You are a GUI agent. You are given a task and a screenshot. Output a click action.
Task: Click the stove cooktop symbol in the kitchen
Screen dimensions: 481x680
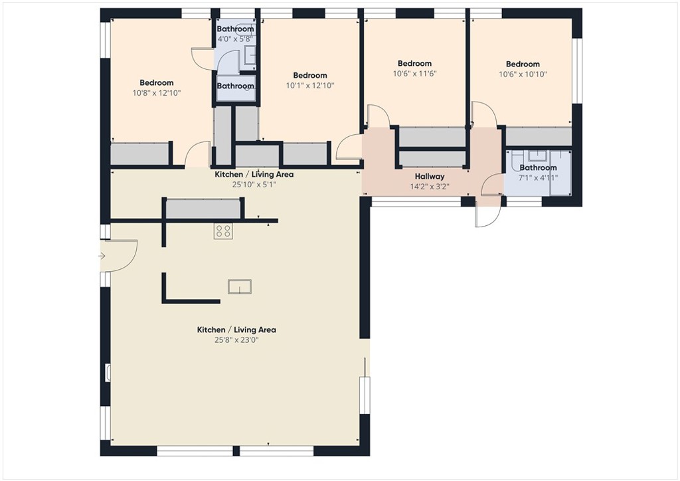click(x=223, y=231)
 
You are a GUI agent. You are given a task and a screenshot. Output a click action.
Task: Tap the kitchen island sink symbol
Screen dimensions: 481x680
click(x=240, y=286)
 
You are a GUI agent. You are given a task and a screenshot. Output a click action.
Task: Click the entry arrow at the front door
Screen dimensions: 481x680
click(x=102, y=256)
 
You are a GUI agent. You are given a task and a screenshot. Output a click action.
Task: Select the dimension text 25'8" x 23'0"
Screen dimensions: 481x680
click(x=236, y=340)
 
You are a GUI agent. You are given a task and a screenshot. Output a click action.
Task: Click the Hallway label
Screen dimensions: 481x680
click(x=429, y=176)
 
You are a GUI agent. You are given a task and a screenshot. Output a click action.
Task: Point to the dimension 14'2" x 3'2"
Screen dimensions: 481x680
click(x=429, y=187)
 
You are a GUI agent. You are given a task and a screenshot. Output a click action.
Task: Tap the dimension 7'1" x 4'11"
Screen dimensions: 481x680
click(x=538, y=177)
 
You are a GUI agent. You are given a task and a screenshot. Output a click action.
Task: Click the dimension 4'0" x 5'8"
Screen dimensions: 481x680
click(x=235, y=39)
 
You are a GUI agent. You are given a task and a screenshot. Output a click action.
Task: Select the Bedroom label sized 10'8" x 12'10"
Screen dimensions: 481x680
click(x=156, y=83)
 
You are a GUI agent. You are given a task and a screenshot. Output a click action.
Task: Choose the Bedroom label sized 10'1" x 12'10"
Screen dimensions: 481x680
click(x=309, y=76)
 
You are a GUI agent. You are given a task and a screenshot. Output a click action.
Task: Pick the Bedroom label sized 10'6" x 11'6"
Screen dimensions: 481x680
click(x=414, y=64)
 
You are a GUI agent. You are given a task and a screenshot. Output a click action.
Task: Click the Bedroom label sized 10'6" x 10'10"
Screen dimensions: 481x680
click(x=522, y=64)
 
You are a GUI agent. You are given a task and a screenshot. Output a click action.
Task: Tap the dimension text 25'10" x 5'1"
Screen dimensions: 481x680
click(x=254, y=185)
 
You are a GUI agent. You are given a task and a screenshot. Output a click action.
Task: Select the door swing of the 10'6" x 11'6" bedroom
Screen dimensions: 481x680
click(x=376, y=117)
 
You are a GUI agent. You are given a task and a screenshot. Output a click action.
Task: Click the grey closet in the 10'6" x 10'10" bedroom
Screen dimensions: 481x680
click(x=538, y=136)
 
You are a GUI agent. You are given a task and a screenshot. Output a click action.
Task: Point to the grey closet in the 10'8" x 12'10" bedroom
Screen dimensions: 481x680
click(x=139, y=153)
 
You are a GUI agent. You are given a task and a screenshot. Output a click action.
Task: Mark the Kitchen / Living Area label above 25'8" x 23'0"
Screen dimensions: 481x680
click(x=236, y=330)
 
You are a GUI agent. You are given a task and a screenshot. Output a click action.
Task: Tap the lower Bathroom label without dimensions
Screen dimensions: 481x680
click(x=235, y=86)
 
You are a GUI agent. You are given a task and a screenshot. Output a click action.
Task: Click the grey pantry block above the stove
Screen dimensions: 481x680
click(x=202, y=209)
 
